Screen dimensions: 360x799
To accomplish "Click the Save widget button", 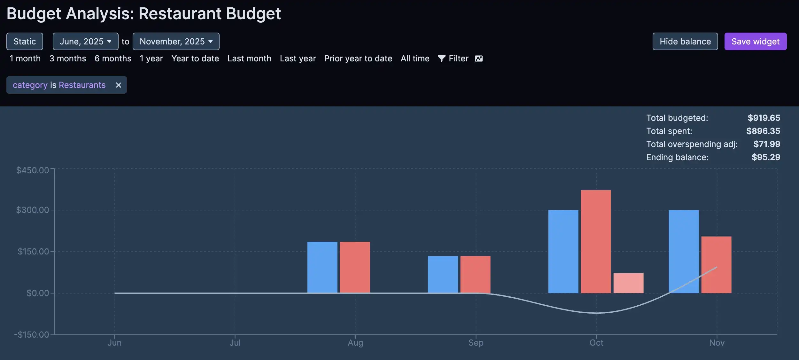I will click(x=755, y=42).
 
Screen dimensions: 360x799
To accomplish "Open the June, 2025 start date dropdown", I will click(x=85, y=42).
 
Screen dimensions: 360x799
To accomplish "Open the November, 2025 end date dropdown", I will click(x=176, y=42).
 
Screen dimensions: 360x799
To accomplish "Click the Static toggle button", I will click(x=25, y=42).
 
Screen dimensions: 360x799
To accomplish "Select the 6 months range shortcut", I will click(x=113, y=59).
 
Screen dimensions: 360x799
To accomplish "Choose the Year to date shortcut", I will click(x=195, y=59).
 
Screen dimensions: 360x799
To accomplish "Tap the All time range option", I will click(x=415, y=59).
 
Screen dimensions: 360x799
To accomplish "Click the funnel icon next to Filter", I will click(x=441, y=59).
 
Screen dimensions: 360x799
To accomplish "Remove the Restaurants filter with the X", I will click(x=119, y=85).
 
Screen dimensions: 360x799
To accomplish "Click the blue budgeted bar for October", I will click(x=563, y=251).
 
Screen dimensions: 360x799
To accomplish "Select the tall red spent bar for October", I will click(x=596, y=241).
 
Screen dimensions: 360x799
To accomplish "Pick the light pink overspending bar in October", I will click(x=628, y=283).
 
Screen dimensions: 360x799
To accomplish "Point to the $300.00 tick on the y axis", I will click(x=33, y=210).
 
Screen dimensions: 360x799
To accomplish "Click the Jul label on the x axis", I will click(x=235, y=343).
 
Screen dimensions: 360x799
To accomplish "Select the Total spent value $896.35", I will click(x=763, y=131).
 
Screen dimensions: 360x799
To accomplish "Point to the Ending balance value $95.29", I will click(x=765, y=157).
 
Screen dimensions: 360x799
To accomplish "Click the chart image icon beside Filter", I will click(x=478, y=59).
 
